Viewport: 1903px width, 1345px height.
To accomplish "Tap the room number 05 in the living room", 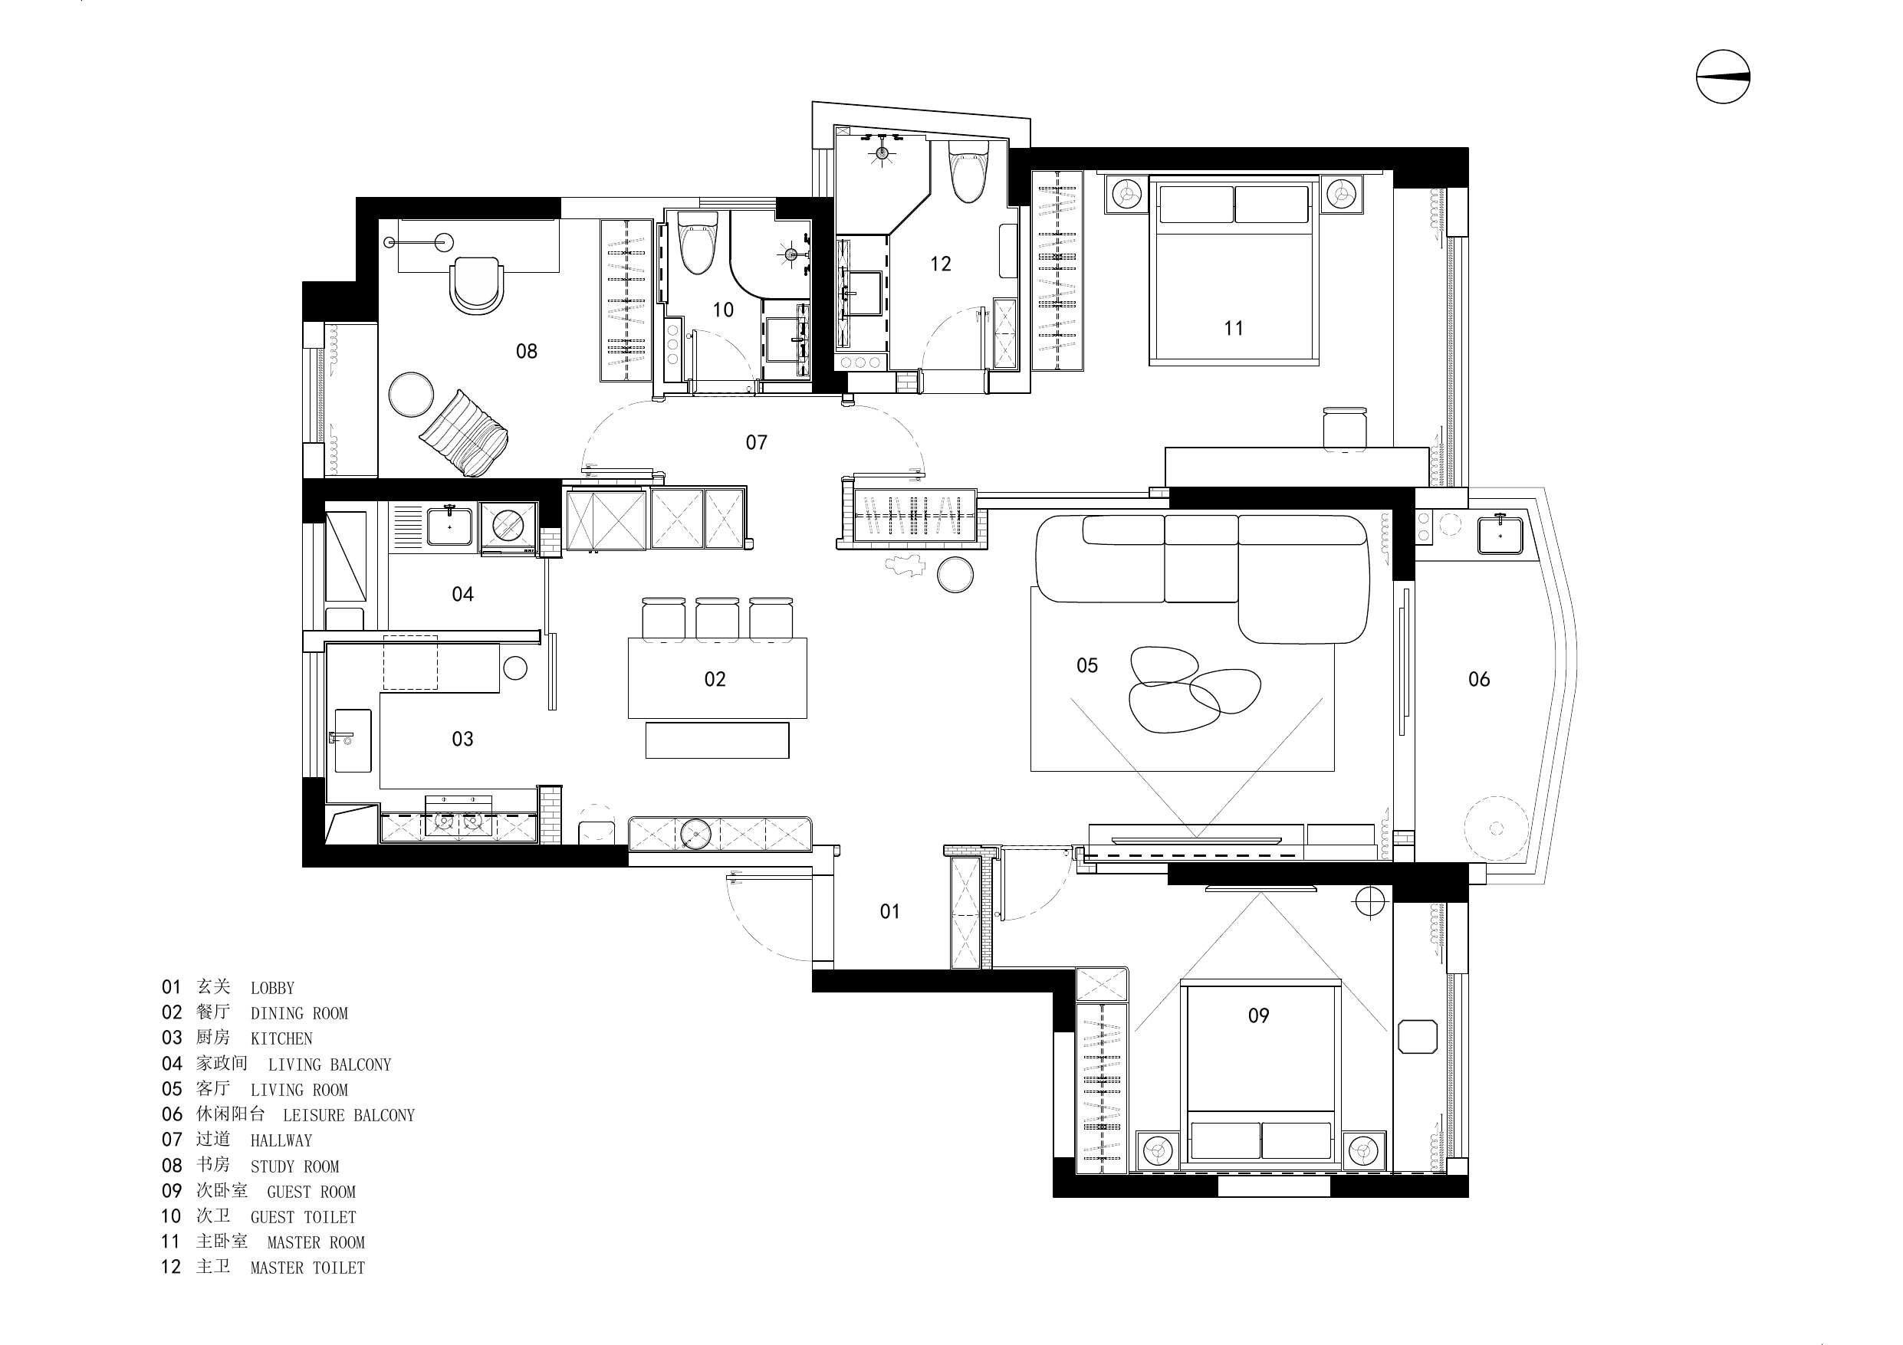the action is point(1086,665).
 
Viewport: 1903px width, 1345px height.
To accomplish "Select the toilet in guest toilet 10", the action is point(697,242).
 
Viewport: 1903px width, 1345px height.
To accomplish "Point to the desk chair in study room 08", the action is point(477,285).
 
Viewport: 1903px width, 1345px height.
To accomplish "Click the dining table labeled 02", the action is point(717,678).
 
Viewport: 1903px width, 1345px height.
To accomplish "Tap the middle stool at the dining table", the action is point(717,619).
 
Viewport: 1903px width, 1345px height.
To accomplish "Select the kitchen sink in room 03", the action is point(351,740).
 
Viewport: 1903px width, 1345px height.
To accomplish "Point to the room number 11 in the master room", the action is point(1234,328).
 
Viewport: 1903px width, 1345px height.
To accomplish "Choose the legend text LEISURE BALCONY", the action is point(349,1115).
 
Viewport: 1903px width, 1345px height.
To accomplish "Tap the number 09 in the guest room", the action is point(1258,1015).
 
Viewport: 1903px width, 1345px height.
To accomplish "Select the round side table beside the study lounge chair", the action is point(411,395).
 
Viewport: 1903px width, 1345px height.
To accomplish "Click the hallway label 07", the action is point(756,442).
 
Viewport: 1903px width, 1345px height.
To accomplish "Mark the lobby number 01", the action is point(889,911).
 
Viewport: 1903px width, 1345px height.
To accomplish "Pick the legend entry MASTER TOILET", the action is point(307,1268).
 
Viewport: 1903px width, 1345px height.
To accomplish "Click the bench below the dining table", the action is point(717,740).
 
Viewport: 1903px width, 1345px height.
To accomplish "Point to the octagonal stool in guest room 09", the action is point(1418,1037).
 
